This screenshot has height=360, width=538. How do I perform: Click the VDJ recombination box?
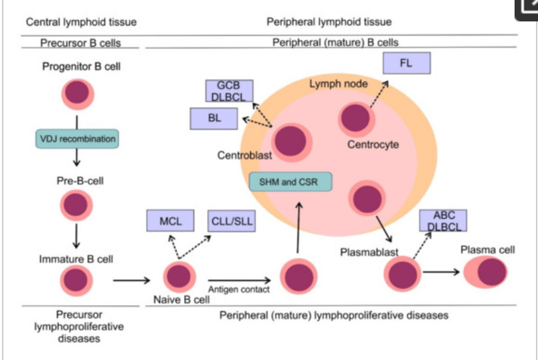pyautogui.click(x=77, y=139)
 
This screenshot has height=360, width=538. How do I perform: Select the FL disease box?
pyautogui.click(x=406, y=64)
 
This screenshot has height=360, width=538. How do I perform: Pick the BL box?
pyautogui.click(x=214, y=118)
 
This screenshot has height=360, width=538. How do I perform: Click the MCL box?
pyautogui.click(x=170, y=221)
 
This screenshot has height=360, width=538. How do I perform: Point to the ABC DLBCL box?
pyautogui.click(x=443, y=221)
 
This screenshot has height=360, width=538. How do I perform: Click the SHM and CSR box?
pyautogui.click(x=290, y=181)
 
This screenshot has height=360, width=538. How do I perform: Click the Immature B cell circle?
pyautogui.click(x=76, y=280)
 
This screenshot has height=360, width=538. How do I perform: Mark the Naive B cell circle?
pyautogui.click(x=179, y=277)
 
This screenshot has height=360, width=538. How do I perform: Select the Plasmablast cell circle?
pyautogui.click(x=402, y=274)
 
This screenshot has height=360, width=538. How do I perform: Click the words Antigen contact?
pyautogui.click(x=239, y=290)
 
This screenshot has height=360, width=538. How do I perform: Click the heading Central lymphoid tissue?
pyautogui.click(x=81, y=22)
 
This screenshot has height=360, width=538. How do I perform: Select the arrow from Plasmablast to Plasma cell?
pyautogui.click(x=440, y=272)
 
